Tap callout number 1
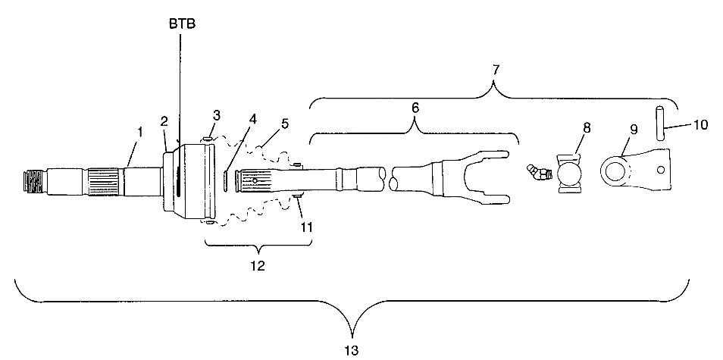point(139,133)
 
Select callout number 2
point(164,121)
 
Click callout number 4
point(252,119)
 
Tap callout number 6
point(415,108)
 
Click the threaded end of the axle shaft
point(31,183)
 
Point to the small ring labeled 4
point(226,182)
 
